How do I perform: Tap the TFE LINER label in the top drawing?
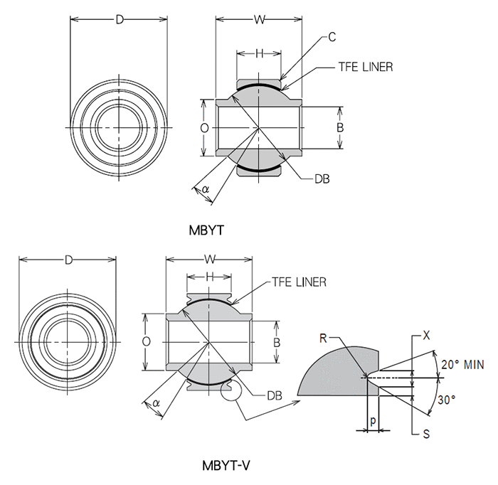(365, 67)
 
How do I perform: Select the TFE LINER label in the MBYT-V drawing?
(299, 282)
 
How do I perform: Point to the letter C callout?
(332, 37)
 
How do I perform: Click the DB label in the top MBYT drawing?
(321, 178)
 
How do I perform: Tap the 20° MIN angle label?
(462, 365)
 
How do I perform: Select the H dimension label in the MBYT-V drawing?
(210, 276)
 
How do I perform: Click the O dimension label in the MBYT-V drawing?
(146, 341)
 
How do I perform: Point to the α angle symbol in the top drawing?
(206, 189)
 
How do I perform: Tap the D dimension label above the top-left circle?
(119, 20)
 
